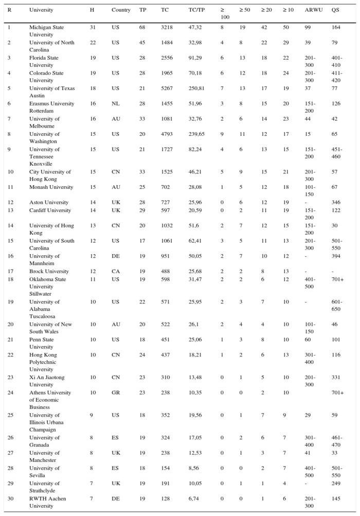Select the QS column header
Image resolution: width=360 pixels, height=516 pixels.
pyautogui.click(x=335, y=10)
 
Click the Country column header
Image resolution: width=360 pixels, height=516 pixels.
pyautogui.click(x=121, y=10)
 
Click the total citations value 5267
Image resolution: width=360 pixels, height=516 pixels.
pyautogui.click(x=166, y=88)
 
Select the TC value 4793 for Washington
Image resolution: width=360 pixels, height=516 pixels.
pyautogui.click(x=166, y=134)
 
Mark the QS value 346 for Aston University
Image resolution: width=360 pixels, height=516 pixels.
pyautogui.click(x=336, y=203)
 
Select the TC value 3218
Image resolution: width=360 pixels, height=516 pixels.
pyautogui.click(x=166, y=27)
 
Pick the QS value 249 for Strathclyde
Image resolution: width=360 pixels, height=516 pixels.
pyautogui.click(x=336, y=484)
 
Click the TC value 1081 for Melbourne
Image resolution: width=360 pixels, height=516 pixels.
pyautogui.click(x=166, y=119)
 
